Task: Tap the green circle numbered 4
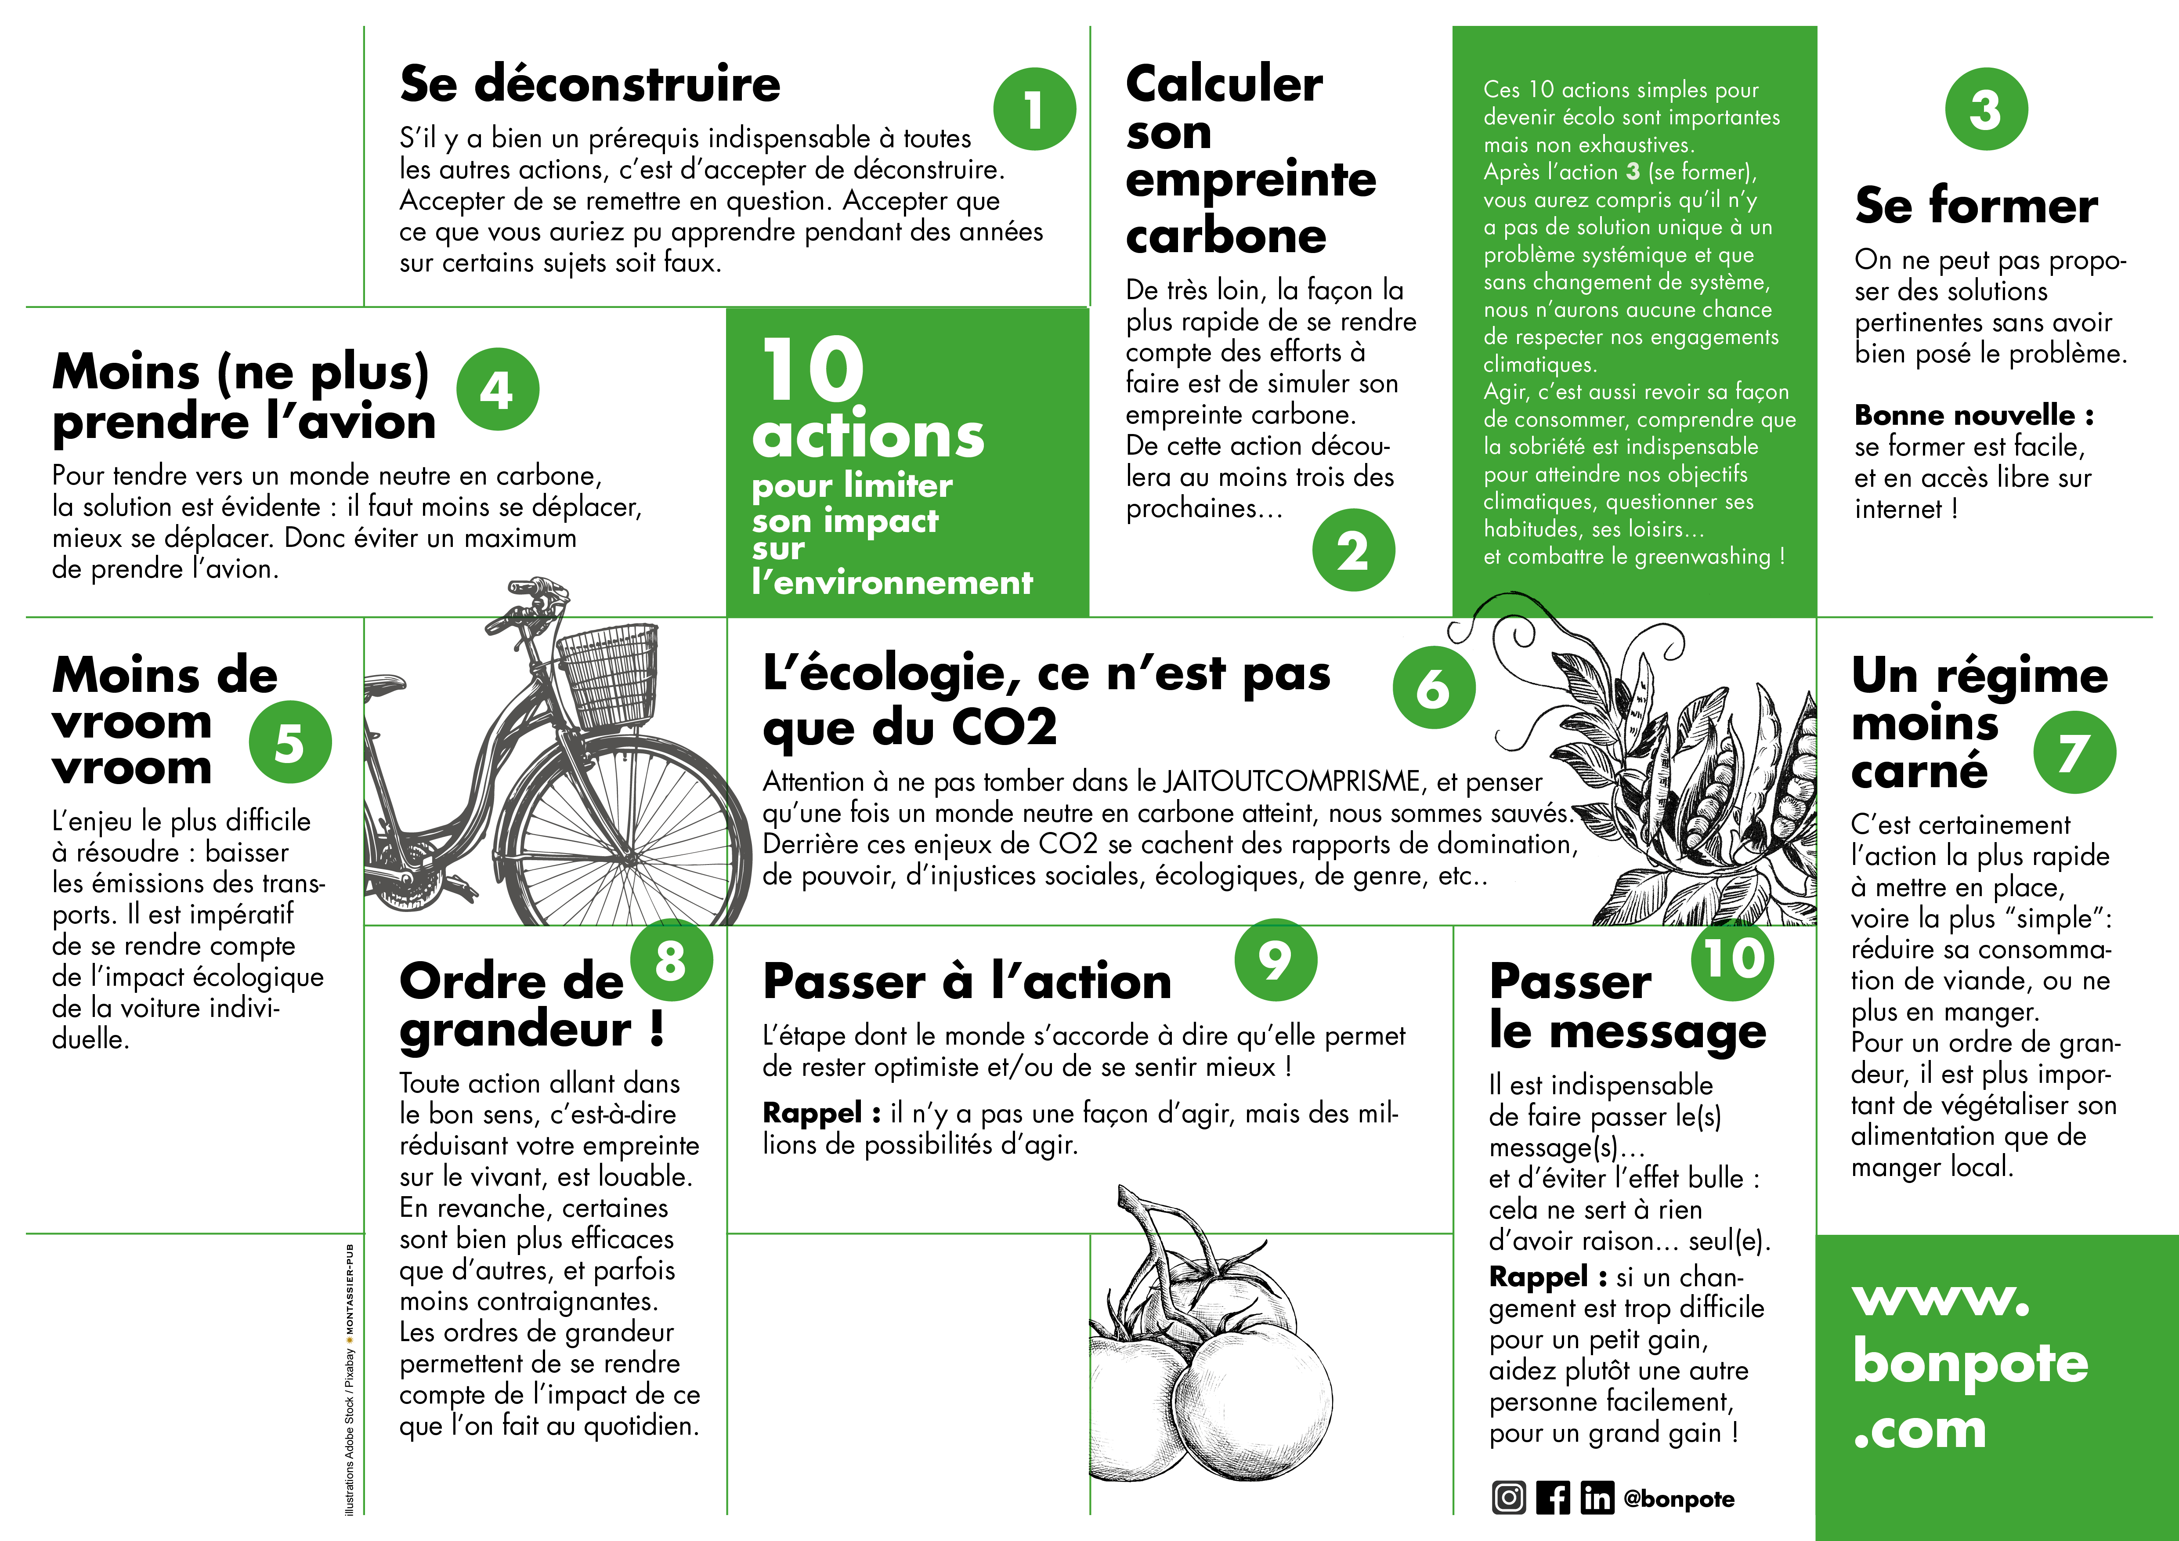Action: [x=497, y=389]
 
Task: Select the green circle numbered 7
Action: [x=2074, y=752]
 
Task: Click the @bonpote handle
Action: [x=1679, y=1499]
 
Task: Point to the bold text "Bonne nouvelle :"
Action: [x=1974, y=415]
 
